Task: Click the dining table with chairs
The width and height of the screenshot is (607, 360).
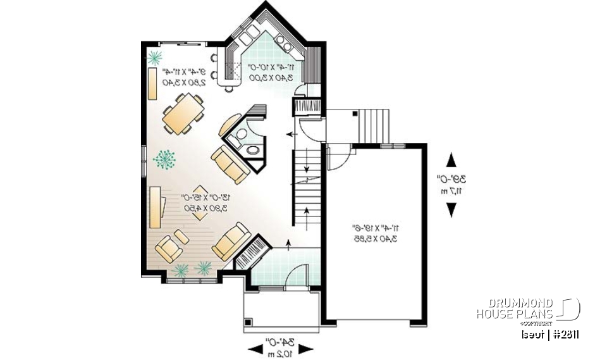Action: (182, 114)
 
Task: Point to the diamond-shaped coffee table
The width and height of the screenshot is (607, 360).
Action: (200, 202)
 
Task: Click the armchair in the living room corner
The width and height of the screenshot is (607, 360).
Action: (168, 249)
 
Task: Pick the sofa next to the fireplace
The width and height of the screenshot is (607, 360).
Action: (231, 241)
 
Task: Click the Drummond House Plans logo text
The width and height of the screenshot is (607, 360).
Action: (515, 309)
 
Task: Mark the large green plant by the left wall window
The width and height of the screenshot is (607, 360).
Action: (165, 159)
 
